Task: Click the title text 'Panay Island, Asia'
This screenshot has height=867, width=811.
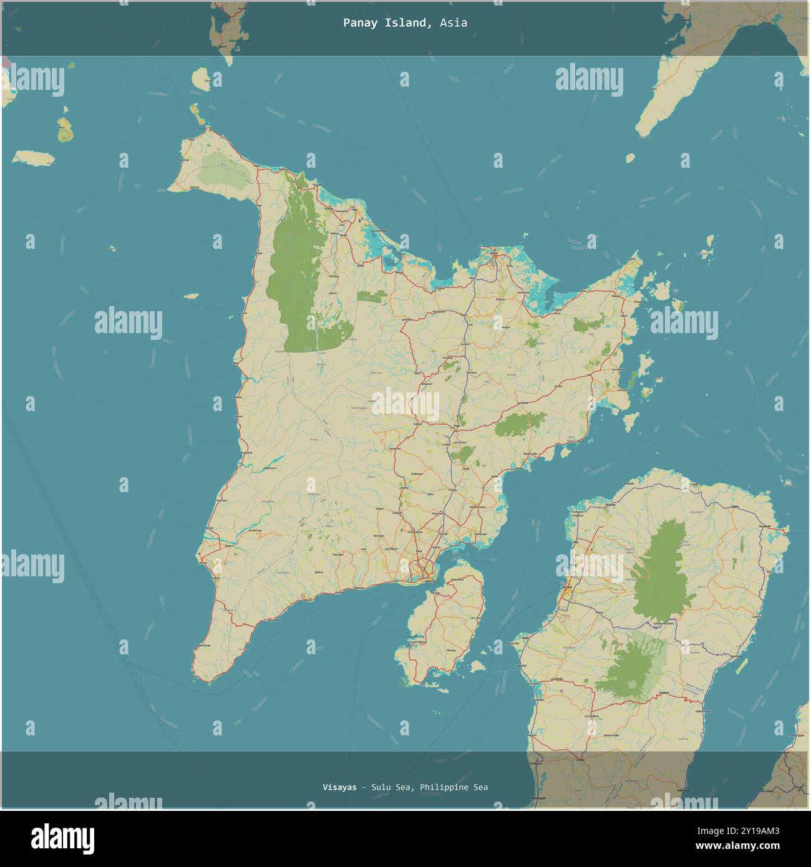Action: [x=405, y=23]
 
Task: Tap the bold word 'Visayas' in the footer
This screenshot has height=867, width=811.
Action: [x=340, y=787]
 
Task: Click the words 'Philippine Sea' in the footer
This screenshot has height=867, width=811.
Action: [x=454, y=787]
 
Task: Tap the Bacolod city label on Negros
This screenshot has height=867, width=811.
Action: [x=566, y=588]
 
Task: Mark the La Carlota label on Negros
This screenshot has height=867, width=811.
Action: [x=557, y=679]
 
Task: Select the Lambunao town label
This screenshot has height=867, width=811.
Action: [x=394, y=448]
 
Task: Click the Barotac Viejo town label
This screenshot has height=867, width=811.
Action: [x=530, y=452]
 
